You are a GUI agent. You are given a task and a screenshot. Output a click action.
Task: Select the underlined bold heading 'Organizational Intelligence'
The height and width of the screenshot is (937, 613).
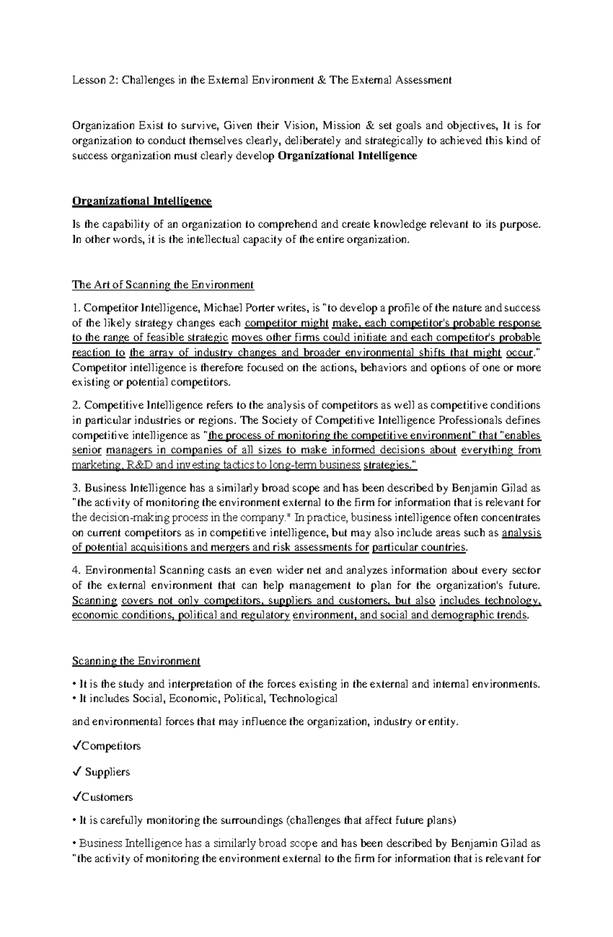(x=142, y=201)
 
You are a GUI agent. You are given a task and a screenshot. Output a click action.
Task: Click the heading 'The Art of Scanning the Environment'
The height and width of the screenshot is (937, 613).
(x=162, y=284)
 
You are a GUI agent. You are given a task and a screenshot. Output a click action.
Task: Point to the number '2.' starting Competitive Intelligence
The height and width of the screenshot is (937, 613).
(x=76, y=405)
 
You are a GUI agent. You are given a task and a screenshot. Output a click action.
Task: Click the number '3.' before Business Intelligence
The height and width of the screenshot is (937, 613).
(x=76, y=488)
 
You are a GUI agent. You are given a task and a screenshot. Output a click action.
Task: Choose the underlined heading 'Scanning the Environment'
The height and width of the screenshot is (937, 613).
(x=136, y=661)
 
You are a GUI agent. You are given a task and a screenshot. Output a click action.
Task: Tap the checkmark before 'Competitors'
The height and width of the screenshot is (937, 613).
(x=76, y=746)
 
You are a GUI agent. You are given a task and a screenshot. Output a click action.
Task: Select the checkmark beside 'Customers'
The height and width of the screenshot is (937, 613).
(x=76, y=797)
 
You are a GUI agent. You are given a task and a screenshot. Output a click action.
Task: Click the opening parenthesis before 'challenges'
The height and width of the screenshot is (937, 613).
(x=287, y=821)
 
